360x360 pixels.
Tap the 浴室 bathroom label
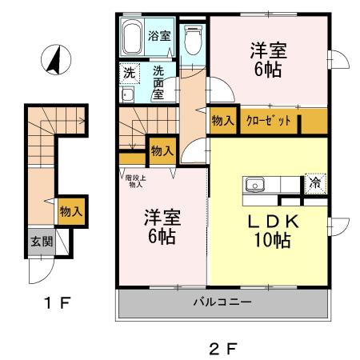point(158,36)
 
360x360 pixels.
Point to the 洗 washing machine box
point(129,72)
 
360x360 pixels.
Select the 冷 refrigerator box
point(315,182)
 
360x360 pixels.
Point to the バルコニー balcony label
point(222,303)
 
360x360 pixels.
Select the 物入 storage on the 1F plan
point(71,212)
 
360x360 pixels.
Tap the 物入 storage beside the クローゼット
point(222,122)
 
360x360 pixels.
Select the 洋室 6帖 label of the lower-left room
point(162,226)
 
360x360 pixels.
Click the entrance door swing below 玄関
point(40,270)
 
